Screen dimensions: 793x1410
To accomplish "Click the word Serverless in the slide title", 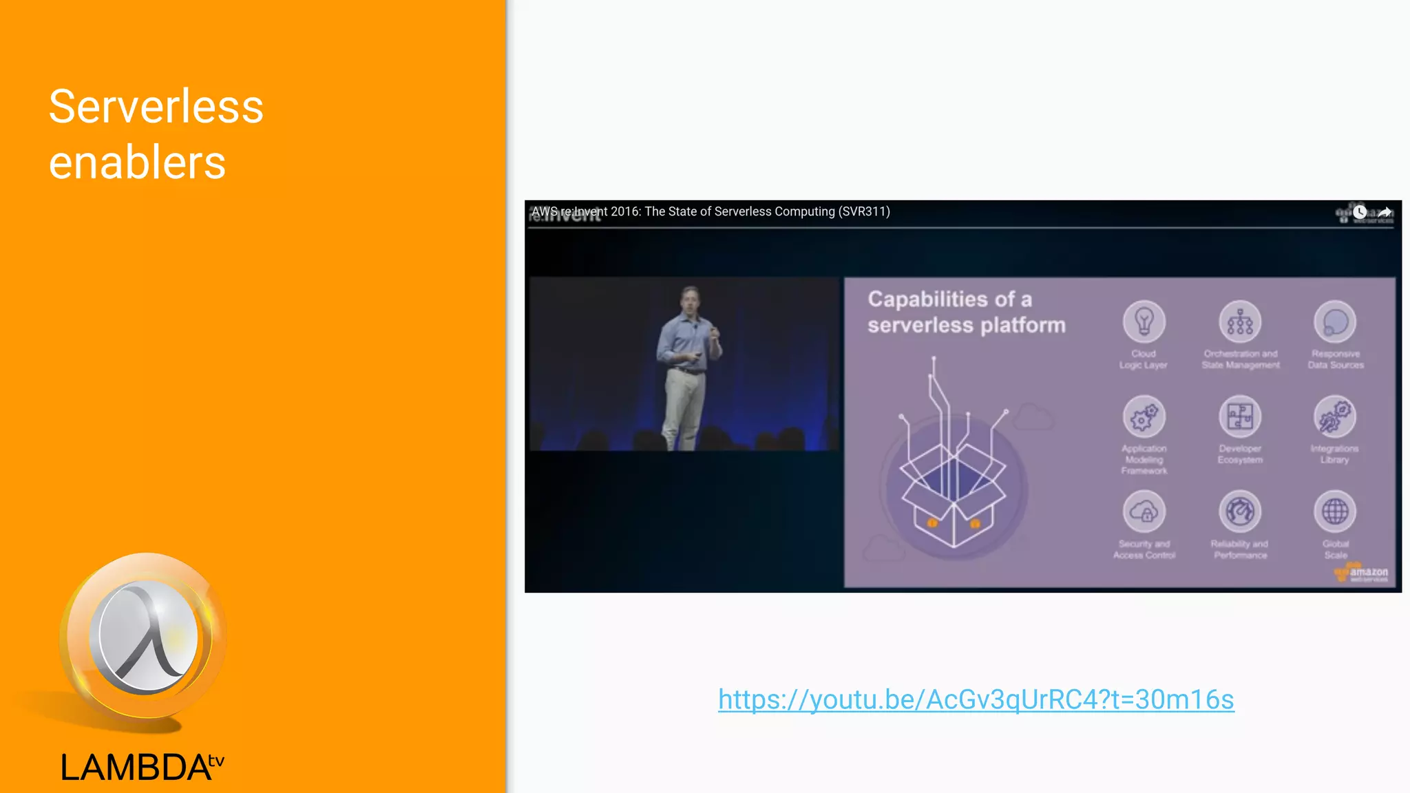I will pos(156,107).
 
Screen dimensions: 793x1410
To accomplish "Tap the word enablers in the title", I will pos(137,163).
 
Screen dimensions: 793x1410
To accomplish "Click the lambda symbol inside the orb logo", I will pos(146,636).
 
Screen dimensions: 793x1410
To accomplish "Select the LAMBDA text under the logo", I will pos(136,768).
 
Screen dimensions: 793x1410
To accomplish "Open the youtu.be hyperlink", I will pos(976,699).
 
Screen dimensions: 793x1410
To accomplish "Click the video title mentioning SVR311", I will pos(711,212).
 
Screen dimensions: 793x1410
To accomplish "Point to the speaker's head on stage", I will pos(690,298).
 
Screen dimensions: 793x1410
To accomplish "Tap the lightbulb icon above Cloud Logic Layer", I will pos(1144,321).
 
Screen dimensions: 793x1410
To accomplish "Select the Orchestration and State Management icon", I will pos(1240,321).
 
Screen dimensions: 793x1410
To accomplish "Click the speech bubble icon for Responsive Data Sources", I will pos(1335,321).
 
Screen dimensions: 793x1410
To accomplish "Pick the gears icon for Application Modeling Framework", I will pos(1144,416).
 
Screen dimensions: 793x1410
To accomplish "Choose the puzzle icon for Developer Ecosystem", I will pos(1240,416).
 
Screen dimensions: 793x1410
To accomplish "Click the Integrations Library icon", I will pos(1335,416).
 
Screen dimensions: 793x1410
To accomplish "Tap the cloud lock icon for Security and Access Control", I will pos(1144,511).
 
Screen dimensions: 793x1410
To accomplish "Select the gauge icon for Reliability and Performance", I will pos(1240,511).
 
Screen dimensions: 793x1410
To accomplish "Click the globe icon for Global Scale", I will pos(1335,511).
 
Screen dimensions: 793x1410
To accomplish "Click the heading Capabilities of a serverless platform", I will pos(966,312).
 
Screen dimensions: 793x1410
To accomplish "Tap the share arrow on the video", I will pos(1385,212).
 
